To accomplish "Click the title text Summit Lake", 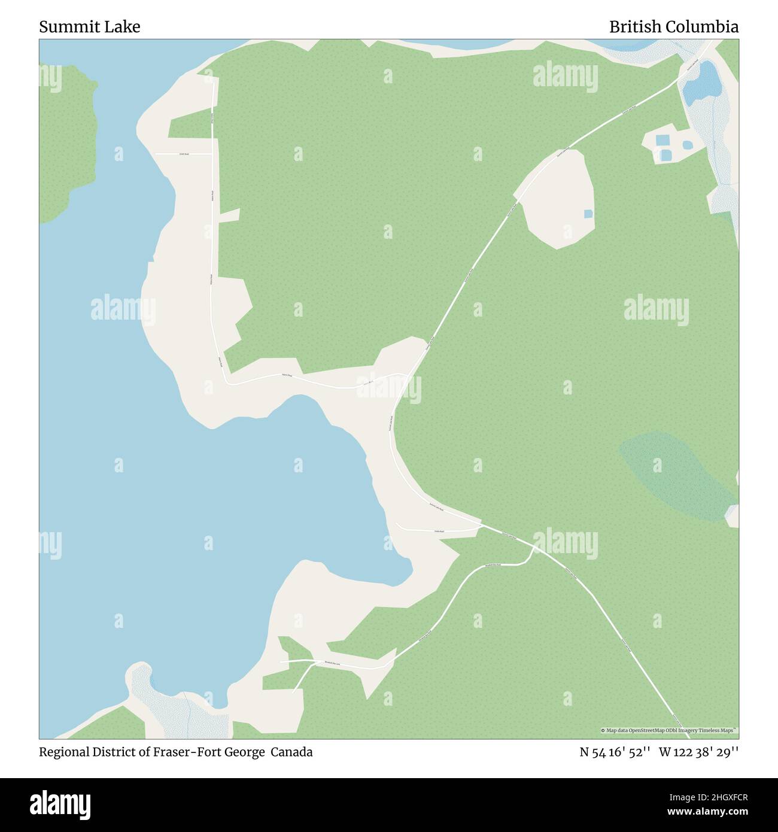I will tap(90, 27).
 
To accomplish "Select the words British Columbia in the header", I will tap(673, 27).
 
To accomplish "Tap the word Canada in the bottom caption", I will tap(291, 752).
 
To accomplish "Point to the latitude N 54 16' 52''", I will tap(614, 752).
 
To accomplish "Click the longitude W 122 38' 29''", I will tap(698, 752).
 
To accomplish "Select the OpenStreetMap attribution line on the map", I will tap(669, 730).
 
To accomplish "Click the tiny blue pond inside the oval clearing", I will tap(588, 213).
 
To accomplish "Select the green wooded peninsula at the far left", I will tap(66, 144).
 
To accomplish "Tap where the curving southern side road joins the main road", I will tap(534, 546).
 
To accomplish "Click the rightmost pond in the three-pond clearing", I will tap(687, 145).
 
